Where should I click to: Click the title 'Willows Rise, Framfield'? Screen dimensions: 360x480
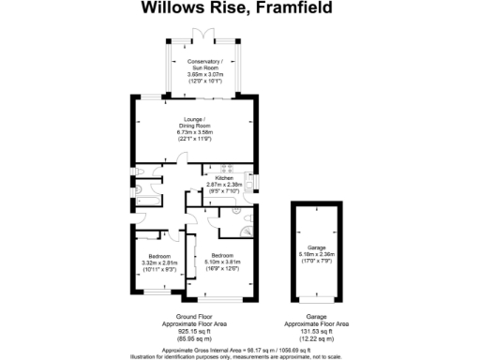click(x=239, y=8)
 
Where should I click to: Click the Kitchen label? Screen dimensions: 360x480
click(x=224, y=178)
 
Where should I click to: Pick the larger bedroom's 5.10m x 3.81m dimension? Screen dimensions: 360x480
click(x=222, y=262)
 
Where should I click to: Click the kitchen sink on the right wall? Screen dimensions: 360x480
click(x=247, y=179)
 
